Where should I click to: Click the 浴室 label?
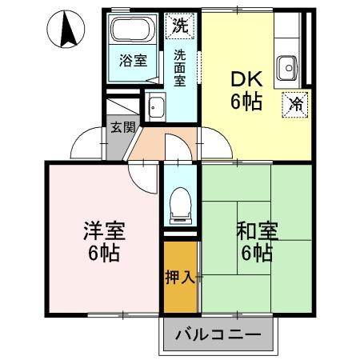pos(133,61)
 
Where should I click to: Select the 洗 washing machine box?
pos(180,25)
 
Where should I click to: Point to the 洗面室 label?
pos(180,69)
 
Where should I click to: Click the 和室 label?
pos(256,231)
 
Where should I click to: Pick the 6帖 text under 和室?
pos(256,254)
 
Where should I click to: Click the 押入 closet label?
pos(180,278)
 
